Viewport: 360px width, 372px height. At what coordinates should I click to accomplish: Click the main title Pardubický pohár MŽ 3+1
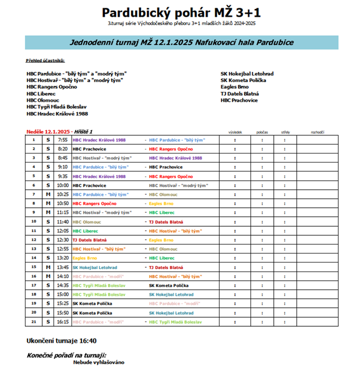[181, 12]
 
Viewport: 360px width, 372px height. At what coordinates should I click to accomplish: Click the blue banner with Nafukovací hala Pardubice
[181, 43]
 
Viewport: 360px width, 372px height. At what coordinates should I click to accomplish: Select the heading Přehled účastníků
[46, 61]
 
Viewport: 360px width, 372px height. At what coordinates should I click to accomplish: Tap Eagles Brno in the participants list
[234, 87]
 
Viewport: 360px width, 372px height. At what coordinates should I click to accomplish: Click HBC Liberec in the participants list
[41, 93]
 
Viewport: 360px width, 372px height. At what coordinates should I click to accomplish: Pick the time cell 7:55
[62, 139]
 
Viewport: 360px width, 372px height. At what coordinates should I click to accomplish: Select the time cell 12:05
[62, 230]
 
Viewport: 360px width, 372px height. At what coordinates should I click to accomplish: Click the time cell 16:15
[62, 322]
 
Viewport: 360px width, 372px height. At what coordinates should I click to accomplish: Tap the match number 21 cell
[34, 322]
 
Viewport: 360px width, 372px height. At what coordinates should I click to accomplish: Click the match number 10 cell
[34, 221]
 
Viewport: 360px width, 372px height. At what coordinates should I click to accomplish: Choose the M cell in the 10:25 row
[48, 194]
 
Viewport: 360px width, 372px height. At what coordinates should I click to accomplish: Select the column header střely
[285, 132]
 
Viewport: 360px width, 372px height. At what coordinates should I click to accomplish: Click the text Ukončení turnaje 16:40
[62, 341]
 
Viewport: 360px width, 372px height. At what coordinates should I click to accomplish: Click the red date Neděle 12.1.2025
[48, 131]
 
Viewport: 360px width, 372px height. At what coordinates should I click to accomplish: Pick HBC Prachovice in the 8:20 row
[89, 148]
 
